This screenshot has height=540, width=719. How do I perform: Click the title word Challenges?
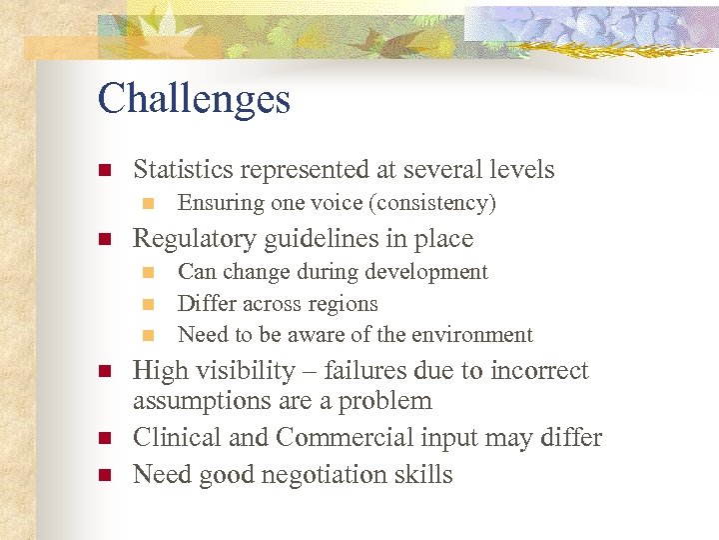[194, 99]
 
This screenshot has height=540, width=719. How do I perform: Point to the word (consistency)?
[431, 204]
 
